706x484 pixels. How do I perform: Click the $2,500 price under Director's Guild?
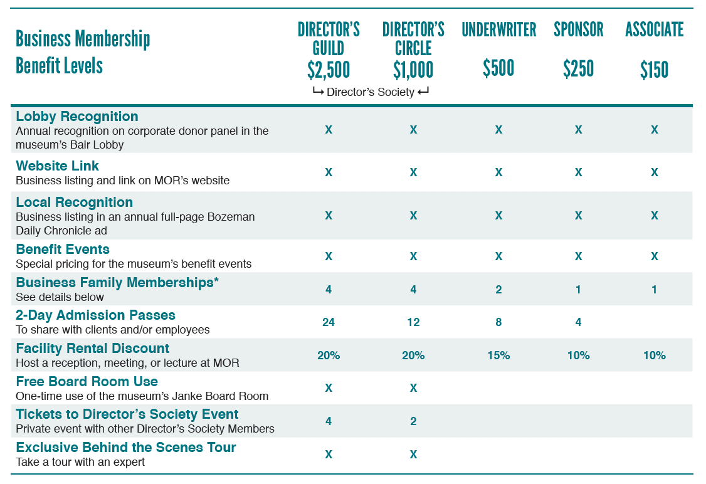[x=329, y=70]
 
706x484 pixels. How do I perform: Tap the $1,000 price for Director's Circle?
[x=413, y=70]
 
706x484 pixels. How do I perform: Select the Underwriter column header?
[x=498, y=29]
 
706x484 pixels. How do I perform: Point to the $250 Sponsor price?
[x=578, y=68]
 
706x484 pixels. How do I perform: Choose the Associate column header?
[x=654, y=29]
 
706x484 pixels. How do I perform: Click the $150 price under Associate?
[x=654, y=69]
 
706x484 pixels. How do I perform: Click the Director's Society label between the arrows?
[x=371, y=92]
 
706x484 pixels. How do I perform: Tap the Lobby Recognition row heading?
[x=77, y=117]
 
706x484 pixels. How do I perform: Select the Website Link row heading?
[x=58, y=166]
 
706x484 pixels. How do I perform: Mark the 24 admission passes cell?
[x=329, y=322]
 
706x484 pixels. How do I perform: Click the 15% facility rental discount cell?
[x=498, y=355]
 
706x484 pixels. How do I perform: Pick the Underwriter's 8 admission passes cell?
[x=498, y=322]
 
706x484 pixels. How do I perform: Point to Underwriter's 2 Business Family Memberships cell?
[x=498, y=290]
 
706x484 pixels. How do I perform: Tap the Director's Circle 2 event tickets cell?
[x=413, y=421]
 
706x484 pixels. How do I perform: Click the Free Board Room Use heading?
[x=87, y=382]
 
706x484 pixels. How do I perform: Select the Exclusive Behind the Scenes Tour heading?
[x=126, y=448]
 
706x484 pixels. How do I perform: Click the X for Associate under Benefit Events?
[x=654, y=256]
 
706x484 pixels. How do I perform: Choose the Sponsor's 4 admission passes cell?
[x=578, y=322]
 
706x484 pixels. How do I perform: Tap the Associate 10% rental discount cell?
[x=654, y=355]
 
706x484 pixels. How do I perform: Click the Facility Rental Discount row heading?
[x=93, y=349]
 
